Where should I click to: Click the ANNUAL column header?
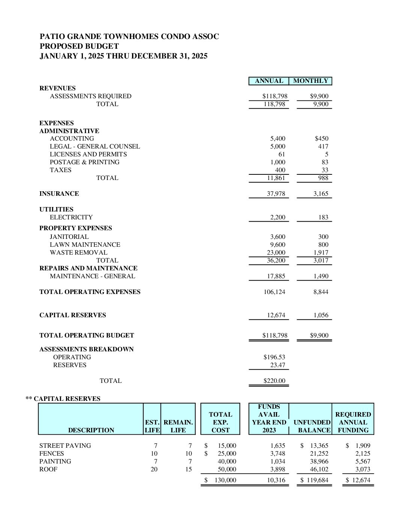269,81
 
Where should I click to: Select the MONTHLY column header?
310,81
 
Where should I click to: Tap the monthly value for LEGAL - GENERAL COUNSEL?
323,147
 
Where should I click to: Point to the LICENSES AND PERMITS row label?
88,154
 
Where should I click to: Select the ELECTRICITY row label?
71,217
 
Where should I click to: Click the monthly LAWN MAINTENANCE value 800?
323,245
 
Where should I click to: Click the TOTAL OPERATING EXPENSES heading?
90,292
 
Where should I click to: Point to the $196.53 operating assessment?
274,357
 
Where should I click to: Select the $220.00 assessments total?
274,381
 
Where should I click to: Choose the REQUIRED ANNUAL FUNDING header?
353,422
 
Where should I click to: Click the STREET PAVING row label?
65,446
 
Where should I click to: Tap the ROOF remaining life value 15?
188,469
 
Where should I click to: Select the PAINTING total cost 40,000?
227,462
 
